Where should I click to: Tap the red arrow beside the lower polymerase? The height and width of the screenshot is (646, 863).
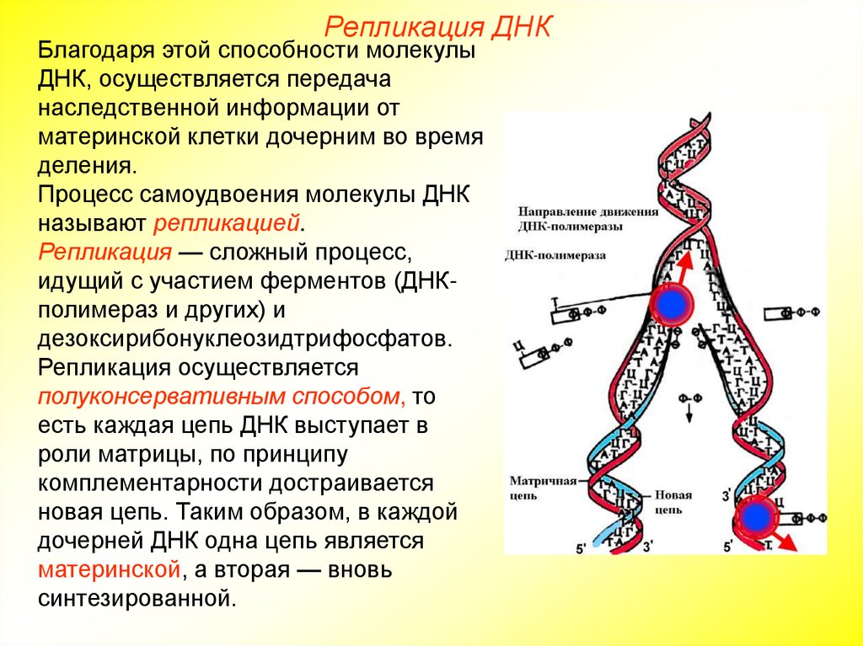point(785,541)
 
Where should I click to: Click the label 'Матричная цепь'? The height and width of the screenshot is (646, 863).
point(543,488)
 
